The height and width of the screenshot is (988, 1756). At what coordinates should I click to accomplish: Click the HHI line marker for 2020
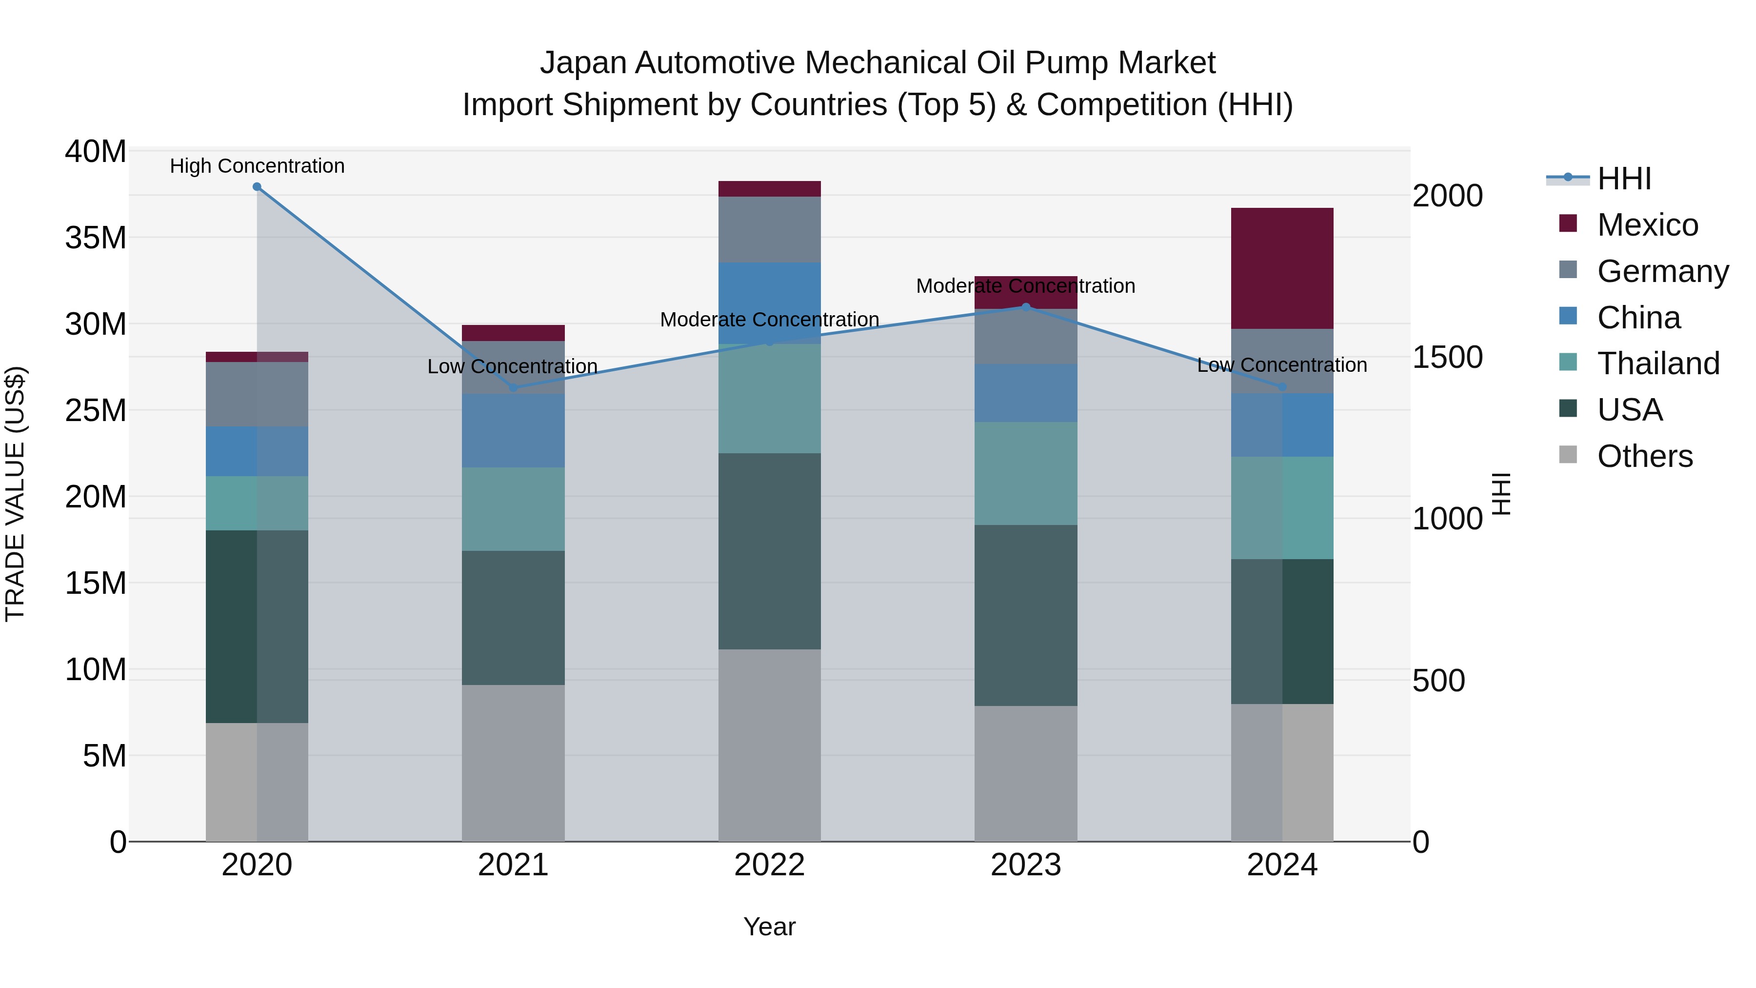click(x=257, y=187)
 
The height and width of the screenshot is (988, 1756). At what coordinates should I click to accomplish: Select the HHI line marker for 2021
click(x=513, y=388)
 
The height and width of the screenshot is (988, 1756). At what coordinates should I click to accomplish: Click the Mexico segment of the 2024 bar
click(x=1282, y=269)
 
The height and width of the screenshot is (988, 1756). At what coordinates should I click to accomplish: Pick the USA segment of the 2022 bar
click(x=770, y=551)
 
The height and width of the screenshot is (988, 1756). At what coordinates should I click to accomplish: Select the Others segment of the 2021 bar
click(x=513, y=763)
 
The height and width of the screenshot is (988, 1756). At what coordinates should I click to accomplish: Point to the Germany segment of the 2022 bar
click(x=770, y=230)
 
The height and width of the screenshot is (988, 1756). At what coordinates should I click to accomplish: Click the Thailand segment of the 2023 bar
click(x=1026, y=473)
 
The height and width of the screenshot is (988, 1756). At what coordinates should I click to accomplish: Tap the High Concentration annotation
click(x=257, y=166)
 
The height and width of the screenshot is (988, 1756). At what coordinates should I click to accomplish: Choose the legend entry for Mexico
click(x=1647, y=225)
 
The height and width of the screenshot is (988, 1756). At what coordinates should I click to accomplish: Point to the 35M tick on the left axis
click(x=96, y=238)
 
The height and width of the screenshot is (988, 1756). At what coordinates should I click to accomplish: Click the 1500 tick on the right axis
click(x=1447, y=357)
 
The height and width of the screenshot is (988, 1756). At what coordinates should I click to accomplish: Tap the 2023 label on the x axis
click(x=1026, y=865)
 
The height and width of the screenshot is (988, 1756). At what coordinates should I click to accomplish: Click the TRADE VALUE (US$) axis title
click(x=16, y=494)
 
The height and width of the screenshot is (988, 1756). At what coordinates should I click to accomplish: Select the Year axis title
click(x=770, y=927)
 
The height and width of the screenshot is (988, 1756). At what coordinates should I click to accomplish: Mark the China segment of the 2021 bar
click(x=513, y=430)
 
